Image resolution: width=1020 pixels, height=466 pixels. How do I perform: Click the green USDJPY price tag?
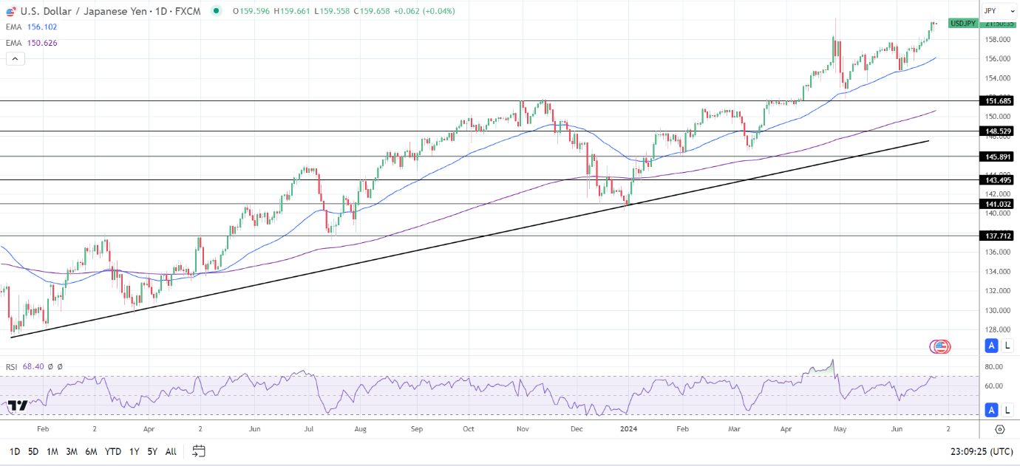963,23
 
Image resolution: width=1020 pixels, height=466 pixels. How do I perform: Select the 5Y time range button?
152,451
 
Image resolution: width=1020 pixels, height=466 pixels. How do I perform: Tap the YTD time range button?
112,451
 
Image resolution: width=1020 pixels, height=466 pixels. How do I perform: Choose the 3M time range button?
72,451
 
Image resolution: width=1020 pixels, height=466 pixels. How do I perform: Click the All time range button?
171,451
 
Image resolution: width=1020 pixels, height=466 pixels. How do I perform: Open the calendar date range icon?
198,450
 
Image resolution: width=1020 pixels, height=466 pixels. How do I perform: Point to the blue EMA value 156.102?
42,27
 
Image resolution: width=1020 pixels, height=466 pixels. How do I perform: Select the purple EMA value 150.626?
42,43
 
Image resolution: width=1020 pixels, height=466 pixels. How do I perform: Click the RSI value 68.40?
33,366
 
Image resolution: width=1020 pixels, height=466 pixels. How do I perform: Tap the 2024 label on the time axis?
629,428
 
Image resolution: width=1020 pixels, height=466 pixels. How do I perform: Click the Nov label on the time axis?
523,428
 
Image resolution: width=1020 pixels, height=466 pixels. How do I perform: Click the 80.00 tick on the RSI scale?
994,366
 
